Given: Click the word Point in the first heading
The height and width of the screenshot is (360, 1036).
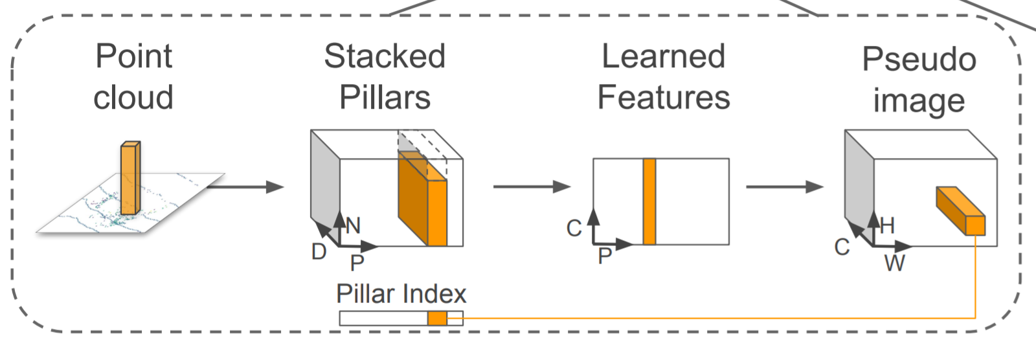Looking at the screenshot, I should pyautogui.click(x=133, y=56).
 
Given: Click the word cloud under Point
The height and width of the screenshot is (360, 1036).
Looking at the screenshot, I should pyautogui.click(x=133, y=98).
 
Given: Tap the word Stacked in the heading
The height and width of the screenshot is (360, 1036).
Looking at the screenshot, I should pyautogui.click(x=385, y=56).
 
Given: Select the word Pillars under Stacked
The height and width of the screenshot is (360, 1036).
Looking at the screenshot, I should pyautogui.click(x=385, y=98).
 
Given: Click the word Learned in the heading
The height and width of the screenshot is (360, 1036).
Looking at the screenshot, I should pyautogui.click(x=663, y=56).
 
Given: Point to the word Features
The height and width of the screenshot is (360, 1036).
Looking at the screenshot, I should pyautogui.click(x=663, y=98).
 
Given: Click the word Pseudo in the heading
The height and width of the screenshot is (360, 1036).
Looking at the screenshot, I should pyautogui.click(x=919, y=60).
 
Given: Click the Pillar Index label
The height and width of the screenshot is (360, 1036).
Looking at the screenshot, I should pyautogui.click(x=401, y=294).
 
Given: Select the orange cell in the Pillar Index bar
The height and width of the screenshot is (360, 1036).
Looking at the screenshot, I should pyautogui.click(x=437, y=318).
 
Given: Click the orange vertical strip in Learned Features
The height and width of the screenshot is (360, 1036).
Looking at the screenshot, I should pyautogui.click(x=649, y=201).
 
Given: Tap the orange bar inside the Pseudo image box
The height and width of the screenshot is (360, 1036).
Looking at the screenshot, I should pyautogui.click(x=961, y=210).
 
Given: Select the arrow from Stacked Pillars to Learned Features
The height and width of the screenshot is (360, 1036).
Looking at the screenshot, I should pyautogui.click(x=531, y=187).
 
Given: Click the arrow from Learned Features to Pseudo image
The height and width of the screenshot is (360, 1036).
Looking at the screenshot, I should pyautogui.click(x=784, y=187).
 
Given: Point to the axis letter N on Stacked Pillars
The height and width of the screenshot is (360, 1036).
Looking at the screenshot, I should pyautogui.click(x=353, y=226).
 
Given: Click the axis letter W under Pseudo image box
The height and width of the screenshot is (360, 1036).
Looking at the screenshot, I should pyautogui.click(x=894, y=264).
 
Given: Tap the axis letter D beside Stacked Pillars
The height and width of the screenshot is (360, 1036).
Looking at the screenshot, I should pyautogui.click(x=319, y=252).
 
